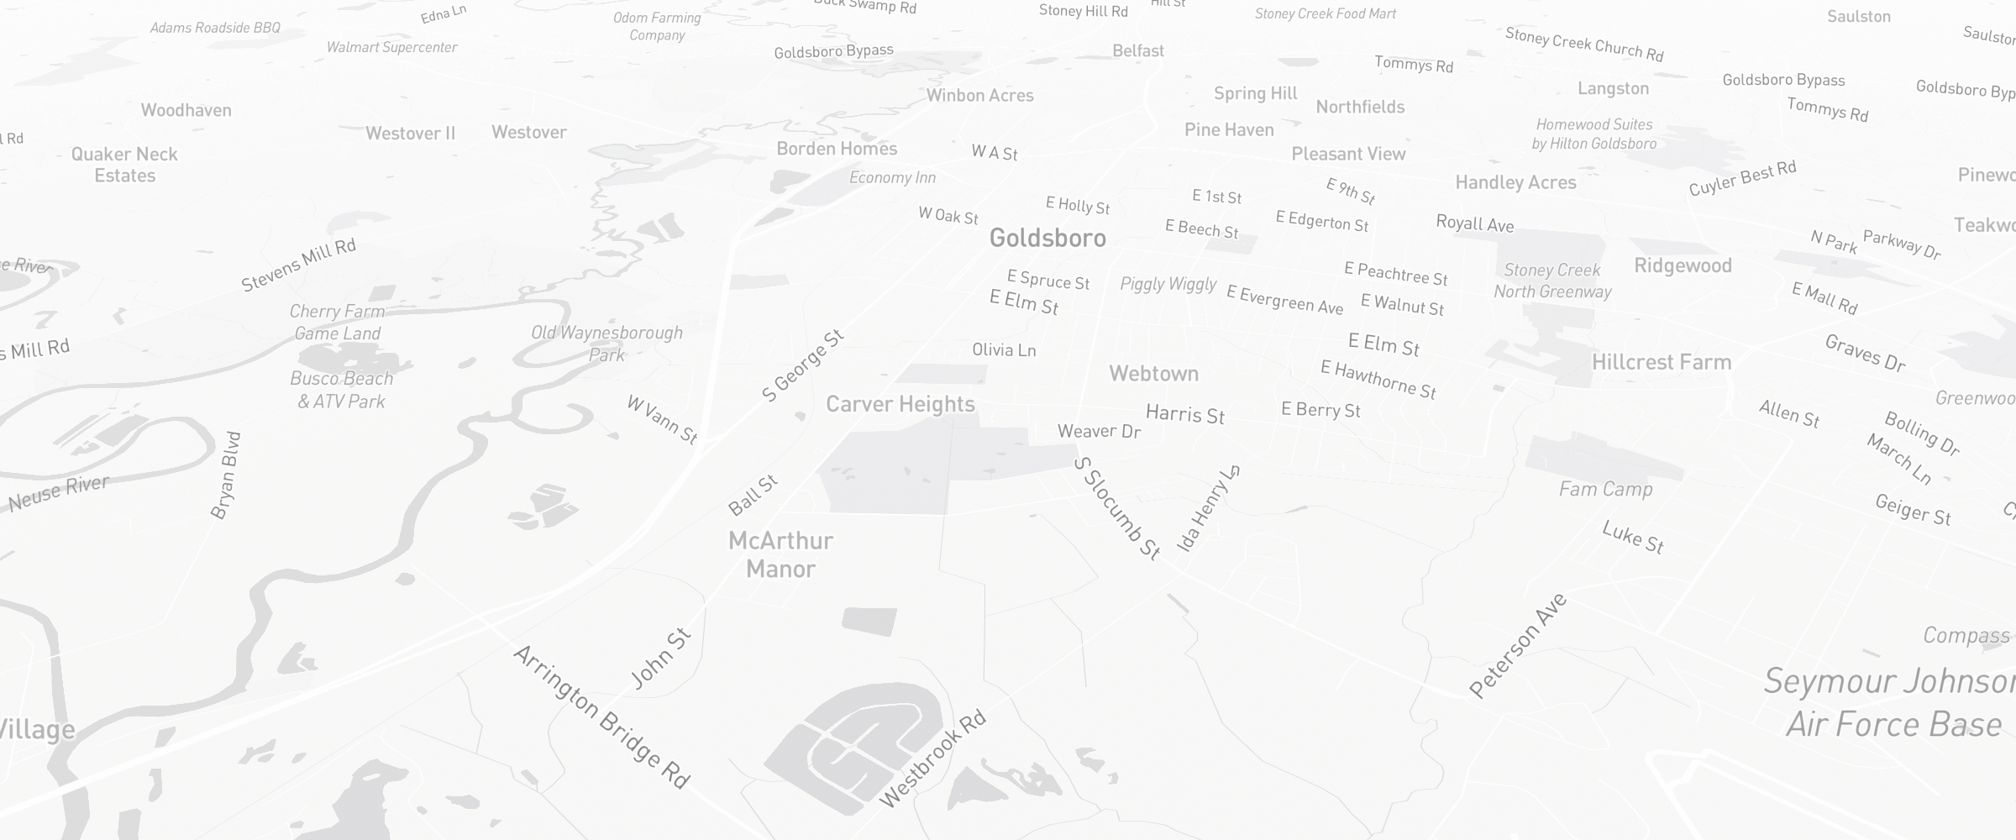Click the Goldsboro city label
point(1047,238)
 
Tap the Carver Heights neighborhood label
point(900,404)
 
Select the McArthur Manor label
point(780,554)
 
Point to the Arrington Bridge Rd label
point(601,717)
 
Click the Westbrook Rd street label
point(932,759)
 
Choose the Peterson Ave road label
point(1518,645)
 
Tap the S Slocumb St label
point(1117,508)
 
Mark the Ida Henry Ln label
point(1208,508)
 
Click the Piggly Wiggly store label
point(1168,284)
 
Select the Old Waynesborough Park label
point(606,343)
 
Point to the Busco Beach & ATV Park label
point(342,390)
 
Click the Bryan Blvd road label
point(226,475)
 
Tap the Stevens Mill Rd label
point(298,264)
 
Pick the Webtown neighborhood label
point(1153,374)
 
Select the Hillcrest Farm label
point(1662,362)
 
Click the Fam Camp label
point(1605,489)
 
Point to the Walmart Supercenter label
point(391,47)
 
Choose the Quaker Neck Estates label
point(124,165)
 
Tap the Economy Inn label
point(892,177)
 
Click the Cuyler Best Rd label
point(1742,178)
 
